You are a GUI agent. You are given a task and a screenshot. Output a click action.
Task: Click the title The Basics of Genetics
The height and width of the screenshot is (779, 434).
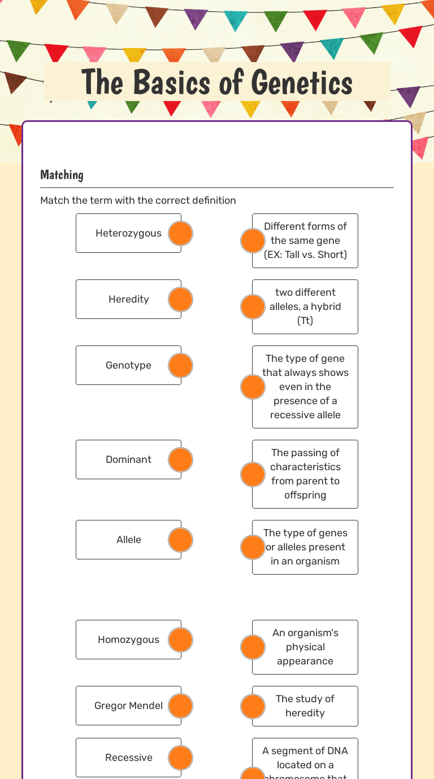(217, 82)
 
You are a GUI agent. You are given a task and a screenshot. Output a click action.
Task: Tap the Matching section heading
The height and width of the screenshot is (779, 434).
(62, 175)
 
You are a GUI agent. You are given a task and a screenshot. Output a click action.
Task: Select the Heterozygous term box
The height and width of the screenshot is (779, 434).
(128, 233)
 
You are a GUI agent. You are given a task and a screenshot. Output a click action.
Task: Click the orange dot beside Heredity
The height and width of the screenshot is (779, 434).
(181, 299)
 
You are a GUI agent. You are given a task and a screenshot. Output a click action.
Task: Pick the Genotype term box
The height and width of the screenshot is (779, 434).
(128, 365)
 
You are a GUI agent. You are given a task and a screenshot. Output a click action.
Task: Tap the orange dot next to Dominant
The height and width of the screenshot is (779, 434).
(181, 459)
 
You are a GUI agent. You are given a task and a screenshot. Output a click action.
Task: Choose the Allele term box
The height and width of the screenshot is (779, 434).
(128, 540)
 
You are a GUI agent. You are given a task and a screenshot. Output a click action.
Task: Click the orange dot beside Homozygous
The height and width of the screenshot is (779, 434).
(181, 640)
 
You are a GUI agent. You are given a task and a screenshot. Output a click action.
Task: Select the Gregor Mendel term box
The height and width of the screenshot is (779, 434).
(128, 706)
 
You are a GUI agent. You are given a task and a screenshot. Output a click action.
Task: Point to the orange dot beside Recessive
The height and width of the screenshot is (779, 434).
(181, 758)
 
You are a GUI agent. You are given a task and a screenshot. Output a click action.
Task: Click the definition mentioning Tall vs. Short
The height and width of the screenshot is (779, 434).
(306, 240)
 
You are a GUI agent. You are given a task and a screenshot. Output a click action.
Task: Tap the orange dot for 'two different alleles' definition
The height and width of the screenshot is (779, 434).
(253, 307)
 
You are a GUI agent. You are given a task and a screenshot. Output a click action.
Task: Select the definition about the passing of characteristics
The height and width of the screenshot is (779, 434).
(306, 474)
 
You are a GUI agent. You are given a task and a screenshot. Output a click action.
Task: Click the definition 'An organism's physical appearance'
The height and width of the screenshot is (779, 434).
(306, 647)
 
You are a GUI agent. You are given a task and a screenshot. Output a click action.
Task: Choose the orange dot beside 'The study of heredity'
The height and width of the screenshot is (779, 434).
(253, 706)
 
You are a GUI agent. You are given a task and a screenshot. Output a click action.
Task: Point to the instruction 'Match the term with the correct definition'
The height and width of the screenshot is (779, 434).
(138, 200)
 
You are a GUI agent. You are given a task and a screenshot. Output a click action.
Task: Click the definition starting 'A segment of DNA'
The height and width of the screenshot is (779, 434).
(306, 759)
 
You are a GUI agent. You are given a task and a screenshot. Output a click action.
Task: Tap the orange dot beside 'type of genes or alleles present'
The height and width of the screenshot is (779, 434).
(253, 547)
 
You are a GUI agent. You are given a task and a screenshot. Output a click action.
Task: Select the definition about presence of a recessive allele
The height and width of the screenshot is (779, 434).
(306, 387)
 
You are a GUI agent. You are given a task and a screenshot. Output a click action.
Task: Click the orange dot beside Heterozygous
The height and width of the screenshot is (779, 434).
(181, 233)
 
